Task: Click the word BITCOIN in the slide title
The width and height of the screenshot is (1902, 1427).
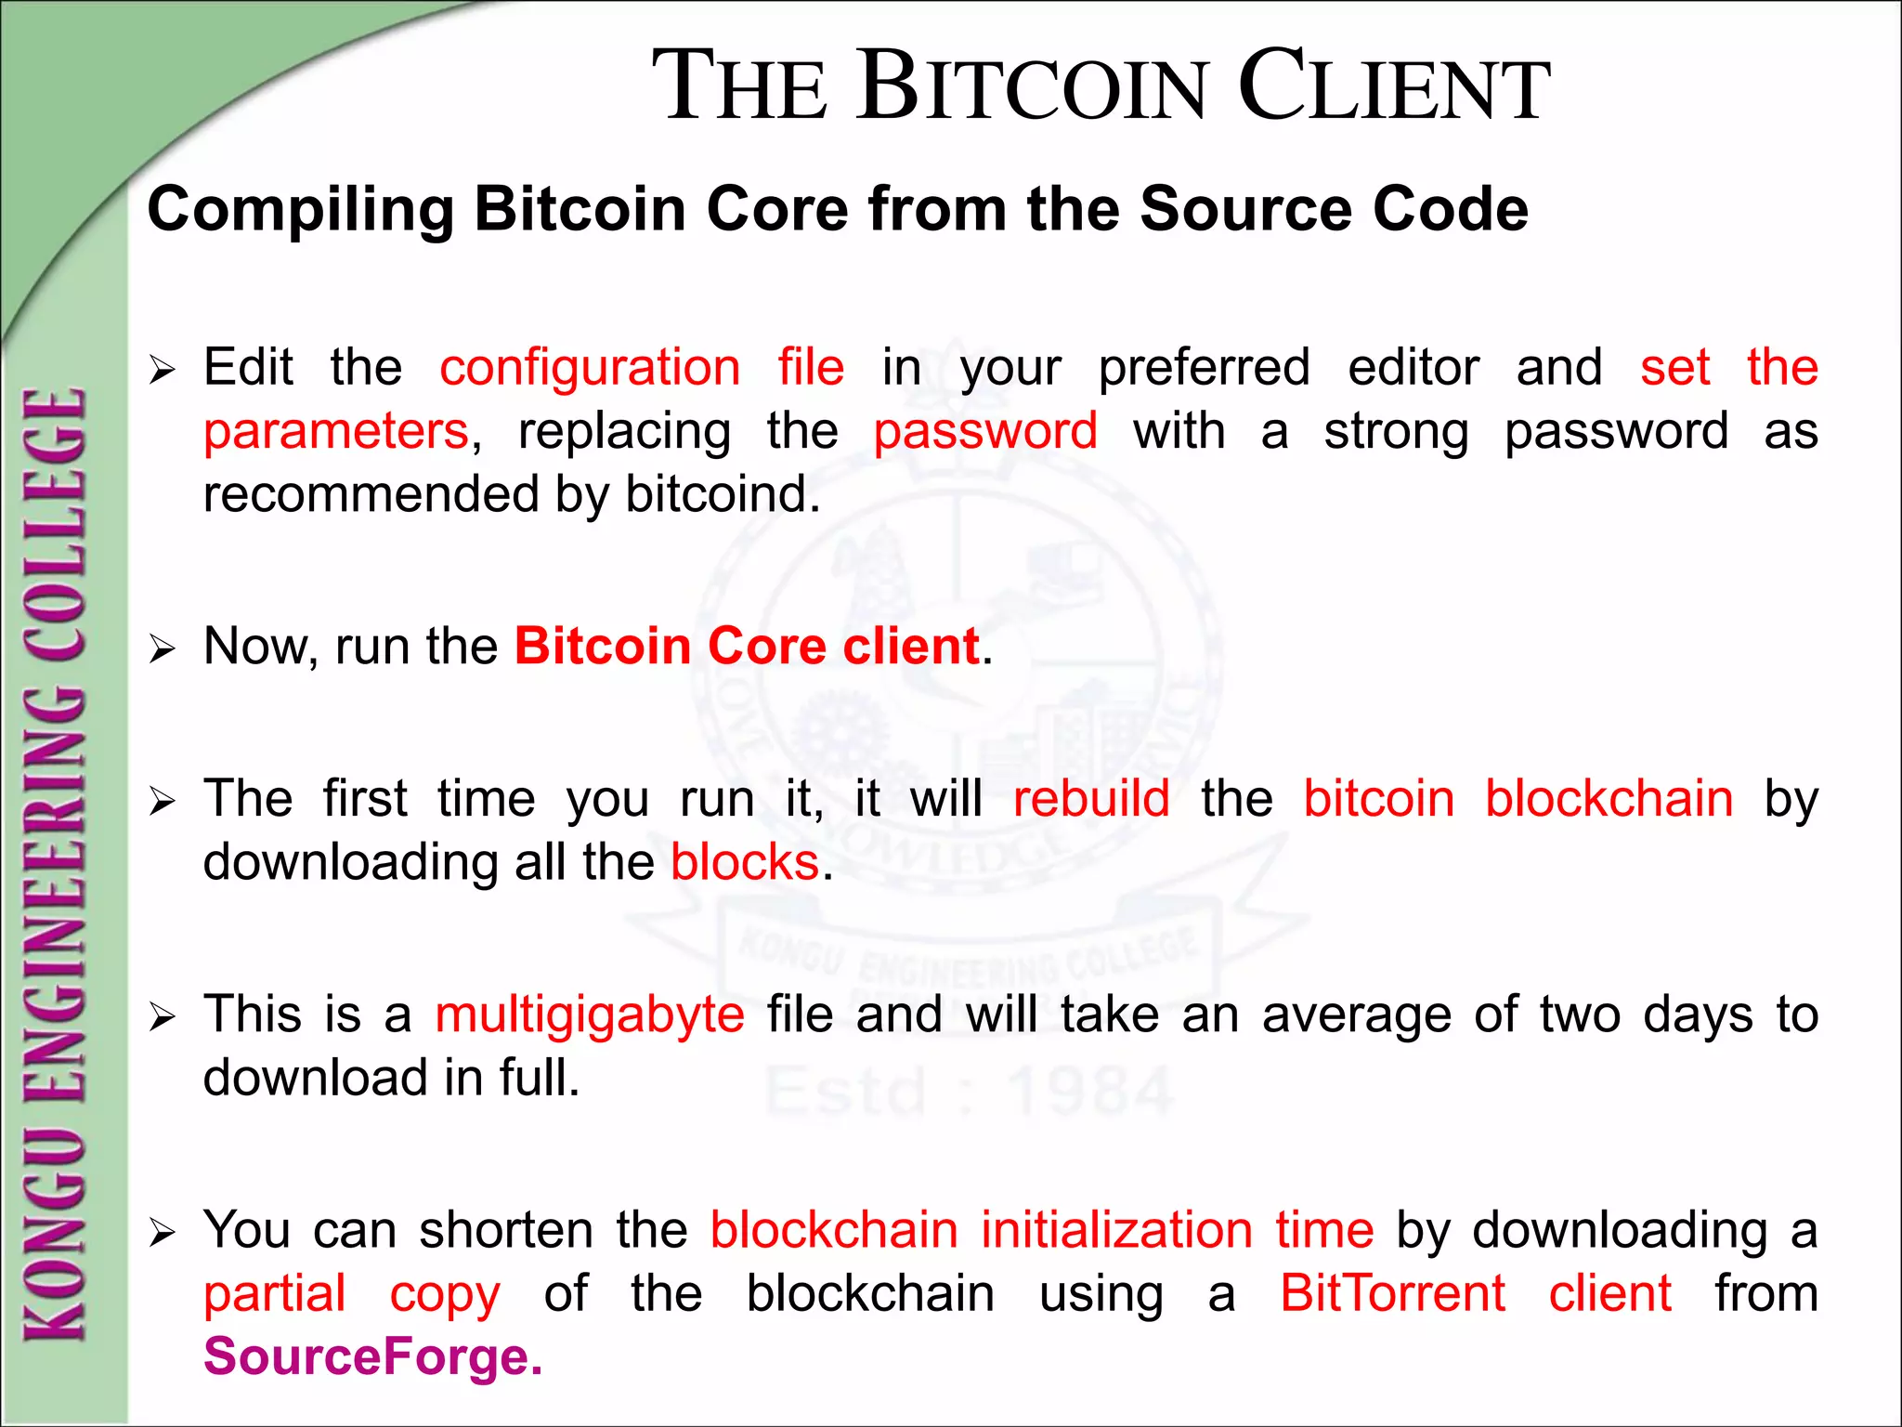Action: [x=1036, y=86]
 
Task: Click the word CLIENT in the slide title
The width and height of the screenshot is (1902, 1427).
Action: [x=1393, y=86]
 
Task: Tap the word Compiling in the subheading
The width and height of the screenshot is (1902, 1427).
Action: [x=300, y=210]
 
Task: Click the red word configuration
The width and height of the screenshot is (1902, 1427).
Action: [x=590, y=367]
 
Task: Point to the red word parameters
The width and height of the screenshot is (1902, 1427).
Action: [x=336, y=431]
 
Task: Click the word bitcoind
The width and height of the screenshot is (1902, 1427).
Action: [x=722, y=494]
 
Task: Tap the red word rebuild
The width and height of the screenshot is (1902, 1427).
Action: [x=1091, y=799]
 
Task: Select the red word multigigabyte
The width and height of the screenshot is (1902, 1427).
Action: [x=590, y=1015]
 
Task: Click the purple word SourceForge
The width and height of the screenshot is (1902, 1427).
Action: [x=372, y=1356]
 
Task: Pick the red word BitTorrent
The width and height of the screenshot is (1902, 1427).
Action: [x=1392, y=1293]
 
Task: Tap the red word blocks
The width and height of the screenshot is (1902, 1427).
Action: [x=745, y=862]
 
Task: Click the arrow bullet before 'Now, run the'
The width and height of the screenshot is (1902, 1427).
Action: [x=162, y=649]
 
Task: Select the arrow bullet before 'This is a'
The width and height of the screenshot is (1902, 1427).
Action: [x=162, y=1017]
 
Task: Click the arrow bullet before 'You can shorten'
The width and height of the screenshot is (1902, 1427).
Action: [x=162, y=1233]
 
